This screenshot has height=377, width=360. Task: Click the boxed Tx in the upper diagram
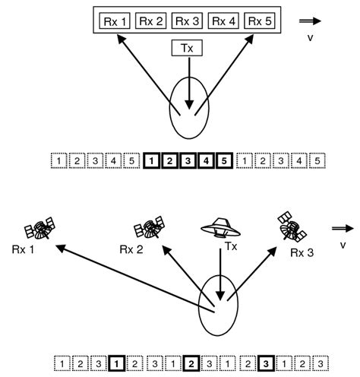(187, 49)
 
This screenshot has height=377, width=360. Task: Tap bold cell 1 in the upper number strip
(152, 161)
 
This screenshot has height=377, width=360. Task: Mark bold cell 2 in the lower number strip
(192, 363)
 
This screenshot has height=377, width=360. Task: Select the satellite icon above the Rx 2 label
(149, 227)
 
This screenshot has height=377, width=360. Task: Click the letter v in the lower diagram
(343, 244)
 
